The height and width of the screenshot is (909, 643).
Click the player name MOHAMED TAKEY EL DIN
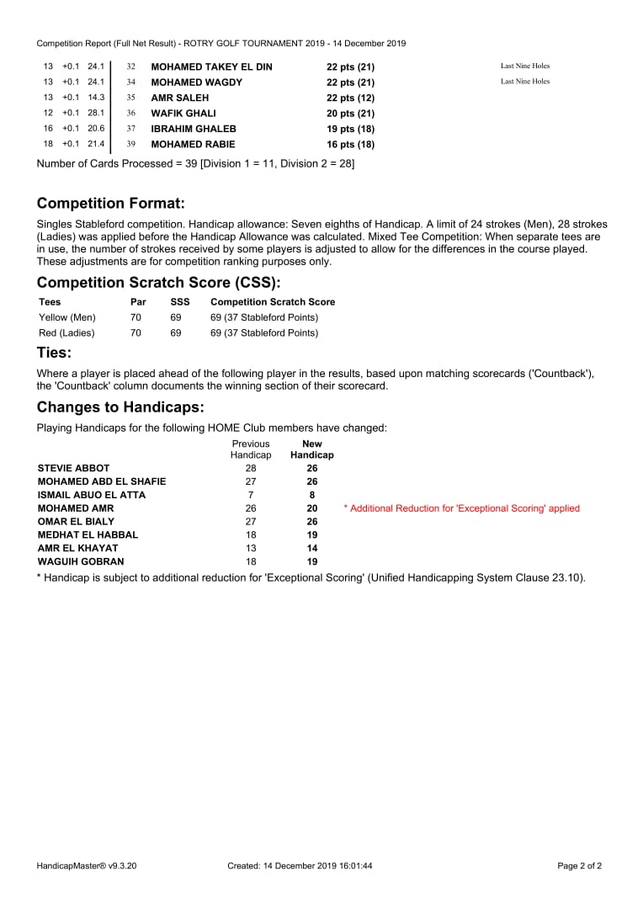tap(211, 66)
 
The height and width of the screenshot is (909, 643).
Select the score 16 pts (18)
tap(350, 145)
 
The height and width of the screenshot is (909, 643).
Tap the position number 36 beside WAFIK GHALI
tap(130, 114)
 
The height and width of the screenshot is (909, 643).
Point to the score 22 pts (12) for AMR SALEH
tap(350, 98)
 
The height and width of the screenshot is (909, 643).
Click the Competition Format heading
tap(110, 204)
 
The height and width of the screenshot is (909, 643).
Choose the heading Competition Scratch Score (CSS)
tap(158, 283)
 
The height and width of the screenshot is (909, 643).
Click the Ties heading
tap(54, 353)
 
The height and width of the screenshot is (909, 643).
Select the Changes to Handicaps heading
tap(120, 407)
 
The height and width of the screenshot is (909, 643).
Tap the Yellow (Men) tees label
tap(67, 317)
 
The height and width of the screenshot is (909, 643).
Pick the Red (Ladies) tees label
tap(66, 333)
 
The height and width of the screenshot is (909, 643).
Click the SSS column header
tap(180, 302)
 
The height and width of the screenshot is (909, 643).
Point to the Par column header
tap(138, 302)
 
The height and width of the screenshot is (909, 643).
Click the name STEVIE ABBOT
tap(73, 468)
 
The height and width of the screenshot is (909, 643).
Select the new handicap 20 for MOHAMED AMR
tap(312, 508)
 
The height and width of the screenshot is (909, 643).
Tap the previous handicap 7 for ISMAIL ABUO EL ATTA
tap(251, 495)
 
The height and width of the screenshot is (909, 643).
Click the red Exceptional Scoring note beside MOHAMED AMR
tap(461, 508)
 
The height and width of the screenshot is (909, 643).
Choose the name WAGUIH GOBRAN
tap(81, 561)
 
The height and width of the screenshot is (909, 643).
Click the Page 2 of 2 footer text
tap(580, 865)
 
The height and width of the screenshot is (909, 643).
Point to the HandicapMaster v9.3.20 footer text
tap(87, 865)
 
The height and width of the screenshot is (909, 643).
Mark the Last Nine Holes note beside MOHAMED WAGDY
tap(525, 82)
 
